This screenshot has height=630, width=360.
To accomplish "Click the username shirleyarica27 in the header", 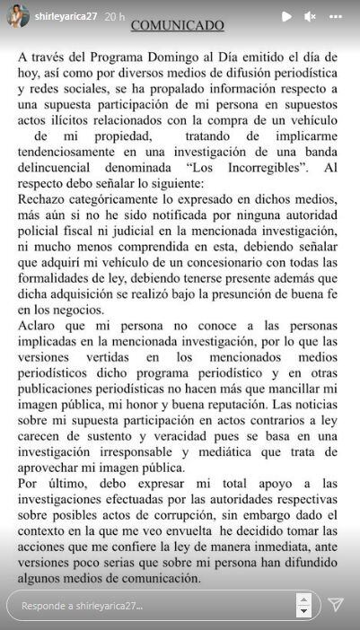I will pyautogui.click(x=66, y=16).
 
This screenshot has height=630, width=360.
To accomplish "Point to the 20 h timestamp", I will pyautogui.click(x=115, y=16).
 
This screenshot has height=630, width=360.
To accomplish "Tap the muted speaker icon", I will pyautogui.click(x=310, y=16).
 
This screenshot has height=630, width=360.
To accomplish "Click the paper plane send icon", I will pyautogui.click(x=336, y=604).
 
